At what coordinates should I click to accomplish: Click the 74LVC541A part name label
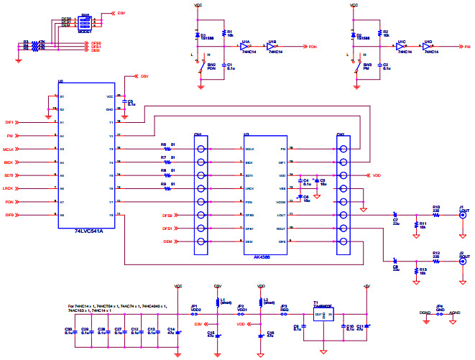pyautogui.click(x=89, y=231)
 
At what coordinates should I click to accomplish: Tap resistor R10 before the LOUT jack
pyautogui.click(x=436, y=215)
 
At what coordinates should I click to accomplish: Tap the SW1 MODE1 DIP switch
pyautogui.click(x=85, y=22)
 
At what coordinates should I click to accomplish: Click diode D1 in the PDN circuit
pyautogui.click(x=198, y=34)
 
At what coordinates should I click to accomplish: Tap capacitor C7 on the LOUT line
pyautogui.click(x=395, y=215)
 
